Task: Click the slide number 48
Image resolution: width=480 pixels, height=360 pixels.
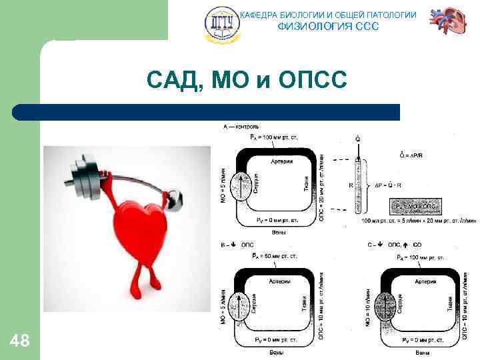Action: pyautogui.click(x=20, y=341)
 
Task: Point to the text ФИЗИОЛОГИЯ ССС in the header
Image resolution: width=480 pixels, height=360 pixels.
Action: pyautogui.click(x=327, y=27)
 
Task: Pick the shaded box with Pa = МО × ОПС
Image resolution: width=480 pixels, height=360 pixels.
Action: pyautogui.click(x=415, y=207)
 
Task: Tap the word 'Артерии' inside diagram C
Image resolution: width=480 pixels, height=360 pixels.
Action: pyautogui.click(x=424, y=282)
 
